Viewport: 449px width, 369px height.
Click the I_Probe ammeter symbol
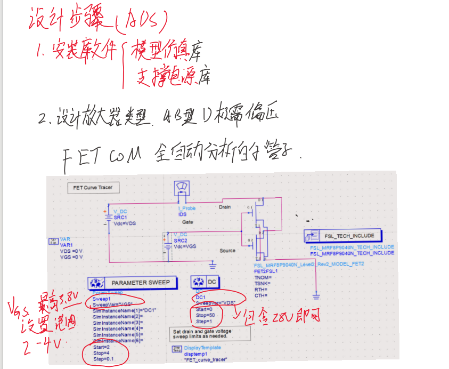click(183, 190)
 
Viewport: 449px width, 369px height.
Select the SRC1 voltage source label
click(120, 217)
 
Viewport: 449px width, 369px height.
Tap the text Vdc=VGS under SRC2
click(185, 246)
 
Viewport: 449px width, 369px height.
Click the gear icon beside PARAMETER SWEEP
click(97, 283)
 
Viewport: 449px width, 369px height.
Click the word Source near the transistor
click(227, 251)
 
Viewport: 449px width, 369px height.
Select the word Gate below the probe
click(187, 221)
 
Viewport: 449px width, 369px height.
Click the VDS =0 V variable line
click(71, 251)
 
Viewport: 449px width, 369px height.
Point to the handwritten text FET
click(83, 155)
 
